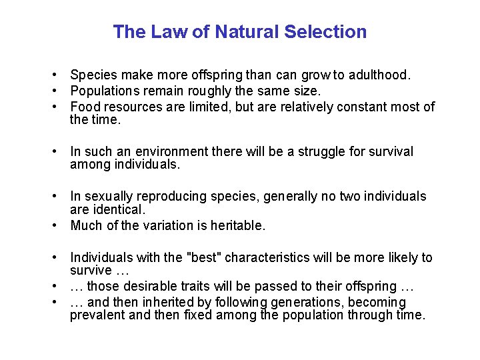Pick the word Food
coord(84,107)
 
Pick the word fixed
coord(199,315)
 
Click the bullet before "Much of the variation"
coord(60,226)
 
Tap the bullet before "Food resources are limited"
coord(60,107)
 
